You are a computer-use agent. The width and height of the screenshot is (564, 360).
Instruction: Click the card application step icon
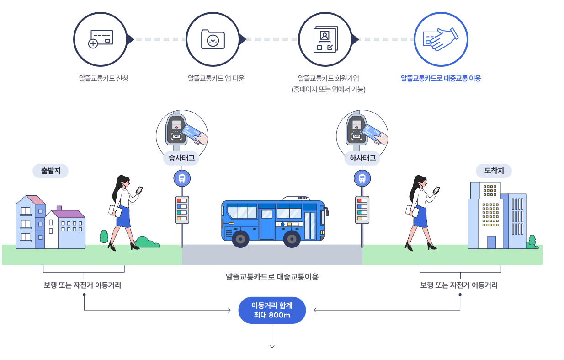100,39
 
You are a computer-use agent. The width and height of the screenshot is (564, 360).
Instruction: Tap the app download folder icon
213,39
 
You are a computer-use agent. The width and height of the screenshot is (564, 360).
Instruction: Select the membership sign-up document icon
325,39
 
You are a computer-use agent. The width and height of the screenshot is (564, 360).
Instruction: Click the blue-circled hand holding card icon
441,39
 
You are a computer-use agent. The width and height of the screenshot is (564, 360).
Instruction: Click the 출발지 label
50,171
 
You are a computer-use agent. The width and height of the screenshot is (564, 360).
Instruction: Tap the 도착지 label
494,171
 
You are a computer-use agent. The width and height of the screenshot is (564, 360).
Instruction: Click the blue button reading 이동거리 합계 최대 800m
272,311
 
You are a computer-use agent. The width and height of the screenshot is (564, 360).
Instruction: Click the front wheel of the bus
292,239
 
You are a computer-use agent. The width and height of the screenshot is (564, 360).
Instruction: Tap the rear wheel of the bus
240,239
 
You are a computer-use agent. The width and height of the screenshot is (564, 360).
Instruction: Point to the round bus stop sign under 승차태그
181,178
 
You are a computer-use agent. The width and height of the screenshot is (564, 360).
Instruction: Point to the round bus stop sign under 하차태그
362,178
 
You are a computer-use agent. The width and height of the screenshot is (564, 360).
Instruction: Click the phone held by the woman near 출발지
139,189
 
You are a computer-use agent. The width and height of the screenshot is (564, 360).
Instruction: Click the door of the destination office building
491,242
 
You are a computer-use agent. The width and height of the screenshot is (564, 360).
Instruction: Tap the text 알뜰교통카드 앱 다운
216,78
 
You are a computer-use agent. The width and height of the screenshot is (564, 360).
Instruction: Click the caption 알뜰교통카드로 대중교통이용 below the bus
272,277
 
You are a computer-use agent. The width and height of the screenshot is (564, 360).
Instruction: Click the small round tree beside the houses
104,236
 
